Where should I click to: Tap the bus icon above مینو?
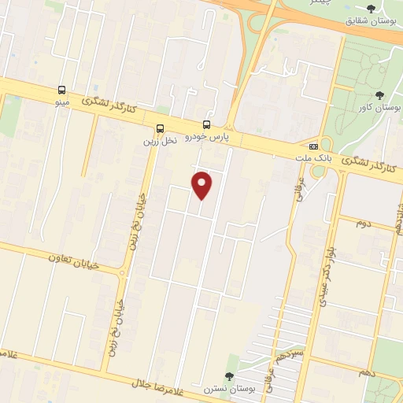point(61,91)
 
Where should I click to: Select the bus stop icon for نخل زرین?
point(161,129)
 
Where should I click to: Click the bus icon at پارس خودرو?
point(206,124)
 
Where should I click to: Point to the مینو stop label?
point(61,103)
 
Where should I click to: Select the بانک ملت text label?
point(312,158)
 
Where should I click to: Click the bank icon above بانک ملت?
point(313,146)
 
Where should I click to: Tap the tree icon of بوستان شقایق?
point(371,8)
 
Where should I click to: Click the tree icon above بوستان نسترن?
point(228,377)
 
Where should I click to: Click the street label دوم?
point(363,223)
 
